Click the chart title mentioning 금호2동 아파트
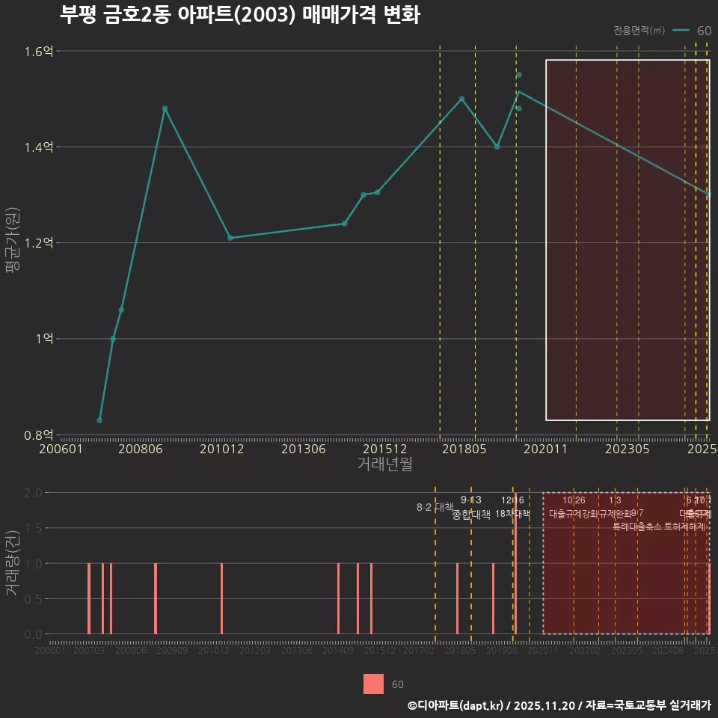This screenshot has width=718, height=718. point(239,15)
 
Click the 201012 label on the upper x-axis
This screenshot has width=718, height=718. point(222,449)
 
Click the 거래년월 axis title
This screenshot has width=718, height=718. point(384,464)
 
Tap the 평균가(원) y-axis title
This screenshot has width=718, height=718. point(13,243)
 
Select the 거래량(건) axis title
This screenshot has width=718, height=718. point(13,563)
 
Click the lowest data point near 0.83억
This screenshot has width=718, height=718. point(99,420)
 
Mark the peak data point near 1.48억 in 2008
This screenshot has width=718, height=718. point(165,108)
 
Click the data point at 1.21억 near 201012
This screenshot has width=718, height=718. point(230,238)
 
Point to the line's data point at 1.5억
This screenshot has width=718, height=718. point(461,99)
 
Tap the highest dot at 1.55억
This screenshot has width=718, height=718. point(519,75)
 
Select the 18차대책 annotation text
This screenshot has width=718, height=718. point(512,514)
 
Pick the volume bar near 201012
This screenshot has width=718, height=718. point(221,598)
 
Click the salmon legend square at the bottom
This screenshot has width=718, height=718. point(373,684)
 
